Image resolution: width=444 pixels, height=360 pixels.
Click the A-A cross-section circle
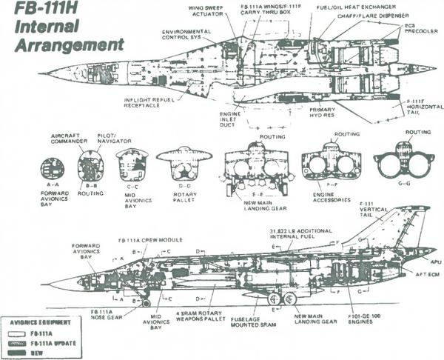pyautogui.click(x=53, y=168)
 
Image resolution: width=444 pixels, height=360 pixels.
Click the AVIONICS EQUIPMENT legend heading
pyautogui.click(x=42, y=324)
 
